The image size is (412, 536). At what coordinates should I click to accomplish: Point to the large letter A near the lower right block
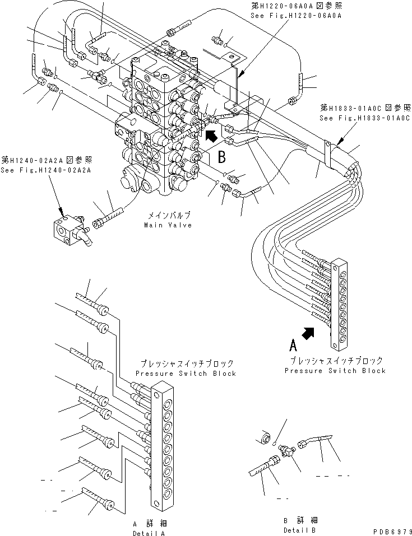coord(292,342)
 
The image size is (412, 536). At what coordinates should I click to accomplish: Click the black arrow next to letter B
coord(211,135)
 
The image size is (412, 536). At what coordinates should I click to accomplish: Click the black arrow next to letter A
coord(308,334)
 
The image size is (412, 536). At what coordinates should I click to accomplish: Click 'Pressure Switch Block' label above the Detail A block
coord(186,373)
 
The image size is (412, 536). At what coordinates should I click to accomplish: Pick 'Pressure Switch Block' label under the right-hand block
coord(335,370)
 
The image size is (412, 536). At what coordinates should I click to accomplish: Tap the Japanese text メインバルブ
coord(169,216)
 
